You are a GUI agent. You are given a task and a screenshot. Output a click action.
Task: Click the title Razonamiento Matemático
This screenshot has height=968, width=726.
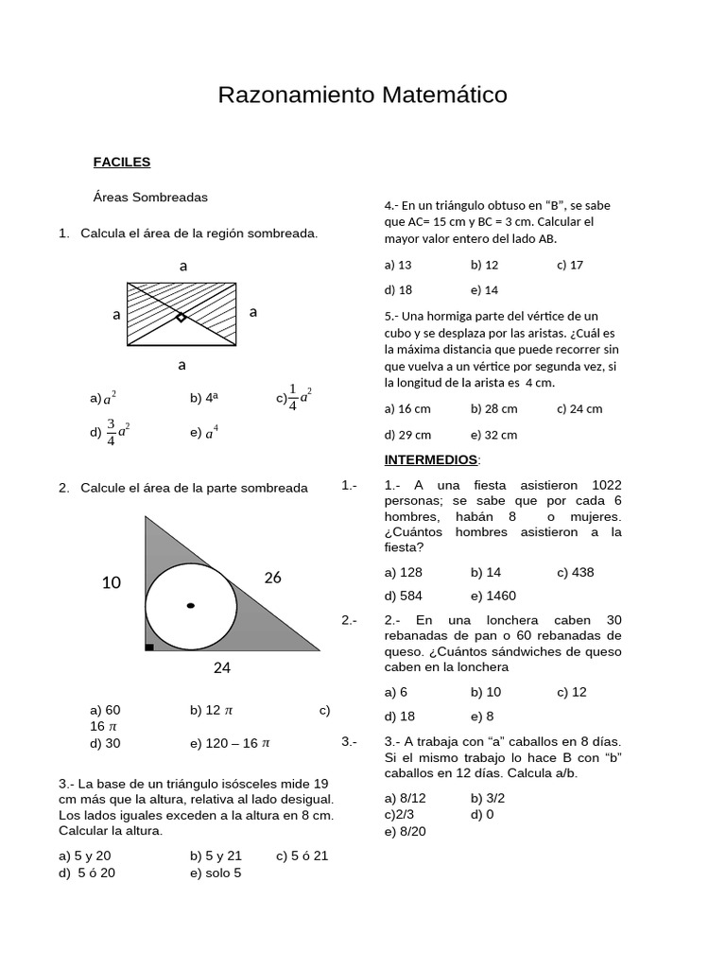362,95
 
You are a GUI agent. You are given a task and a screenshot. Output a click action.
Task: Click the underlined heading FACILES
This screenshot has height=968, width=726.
122,162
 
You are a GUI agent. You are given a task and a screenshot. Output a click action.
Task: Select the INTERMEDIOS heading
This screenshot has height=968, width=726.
431,459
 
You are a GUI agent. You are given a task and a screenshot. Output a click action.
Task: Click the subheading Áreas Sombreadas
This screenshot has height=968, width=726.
150,198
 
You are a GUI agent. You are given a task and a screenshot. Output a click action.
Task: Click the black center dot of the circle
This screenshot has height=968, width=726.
191,605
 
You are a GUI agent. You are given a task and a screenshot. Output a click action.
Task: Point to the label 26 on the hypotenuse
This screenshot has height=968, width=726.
273,578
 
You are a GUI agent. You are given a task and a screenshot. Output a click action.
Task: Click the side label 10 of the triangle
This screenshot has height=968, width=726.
112,583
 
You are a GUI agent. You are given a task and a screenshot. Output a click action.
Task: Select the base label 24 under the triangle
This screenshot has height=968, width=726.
222,667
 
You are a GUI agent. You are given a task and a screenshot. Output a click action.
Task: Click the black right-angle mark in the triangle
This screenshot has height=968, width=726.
149,648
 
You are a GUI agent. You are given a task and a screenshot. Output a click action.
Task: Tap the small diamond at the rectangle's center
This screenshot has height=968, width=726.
181,317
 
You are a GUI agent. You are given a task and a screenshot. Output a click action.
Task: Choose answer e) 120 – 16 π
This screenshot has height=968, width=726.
230,743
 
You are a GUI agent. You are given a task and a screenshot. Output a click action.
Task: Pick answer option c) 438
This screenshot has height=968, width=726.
575,572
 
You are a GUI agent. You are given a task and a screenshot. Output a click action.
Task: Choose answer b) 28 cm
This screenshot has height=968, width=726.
493,409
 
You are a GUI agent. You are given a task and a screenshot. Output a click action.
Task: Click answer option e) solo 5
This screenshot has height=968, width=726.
216,873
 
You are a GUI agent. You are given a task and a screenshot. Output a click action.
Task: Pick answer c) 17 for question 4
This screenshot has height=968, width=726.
570,265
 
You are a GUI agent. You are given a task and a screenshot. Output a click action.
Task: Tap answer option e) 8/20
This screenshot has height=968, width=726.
406,831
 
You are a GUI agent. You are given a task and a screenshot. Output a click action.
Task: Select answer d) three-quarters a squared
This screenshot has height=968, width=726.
111,431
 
